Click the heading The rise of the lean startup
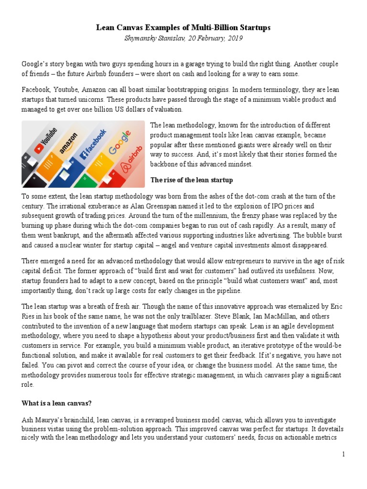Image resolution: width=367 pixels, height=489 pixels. pos(192,180)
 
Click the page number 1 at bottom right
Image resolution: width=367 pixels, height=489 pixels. pos(343,454)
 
